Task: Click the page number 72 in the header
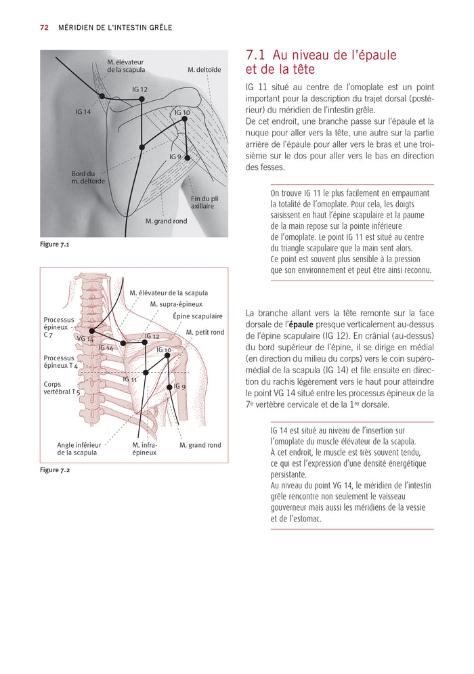pos(44,28)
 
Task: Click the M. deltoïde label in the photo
pos(204,70)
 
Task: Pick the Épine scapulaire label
pos(198,316)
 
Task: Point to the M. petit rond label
pos(205,333)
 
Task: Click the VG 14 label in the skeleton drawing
pos(85,339)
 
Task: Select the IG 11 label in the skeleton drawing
pos(130,379)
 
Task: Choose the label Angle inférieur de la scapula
pos(77,448)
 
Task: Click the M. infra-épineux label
pos(144,448)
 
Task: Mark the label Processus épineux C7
pos(58,327)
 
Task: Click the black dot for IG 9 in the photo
pos(188,158)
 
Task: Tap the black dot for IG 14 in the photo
pos(102,97)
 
